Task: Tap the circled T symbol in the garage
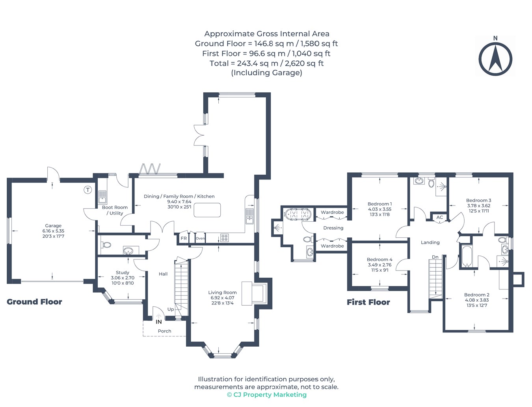(88, 190)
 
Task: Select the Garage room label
(53, 226)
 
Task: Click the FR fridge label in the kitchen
(184, 239)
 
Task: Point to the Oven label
(200, 239)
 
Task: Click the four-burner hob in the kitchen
(225, 237)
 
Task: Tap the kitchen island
(207, 210)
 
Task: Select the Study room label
(123, 273)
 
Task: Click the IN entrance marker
(159, 322)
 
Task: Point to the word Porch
(165, 331)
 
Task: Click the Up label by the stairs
(171, 310)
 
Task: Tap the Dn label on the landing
(435, 257)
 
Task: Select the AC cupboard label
(440, 217)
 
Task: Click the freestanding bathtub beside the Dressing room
(298, 214)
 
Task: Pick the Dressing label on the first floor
(333, 228)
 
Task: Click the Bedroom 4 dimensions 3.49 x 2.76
(379, 265)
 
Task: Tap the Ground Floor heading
(34, 302)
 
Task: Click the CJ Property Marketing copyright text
(267, 395)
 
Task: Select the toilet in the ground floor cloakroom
(106, 245)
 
